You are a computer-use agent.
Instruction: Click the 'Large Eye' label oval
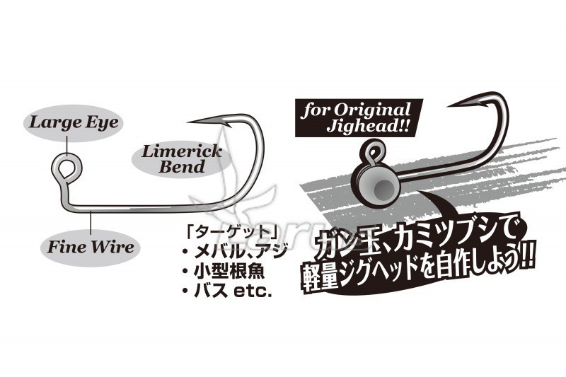point(74,122)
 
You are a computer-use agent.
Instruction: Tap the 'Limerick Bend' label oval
point(181,159)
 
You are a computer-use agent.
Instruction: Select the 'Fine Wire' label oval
point(91,248)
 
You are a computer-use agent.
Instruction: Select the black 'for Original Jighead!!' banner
point(359,117)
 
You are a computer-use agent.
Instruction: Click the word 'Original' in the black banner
point(372,110)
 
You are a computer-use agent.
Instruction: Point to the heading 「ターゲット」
point(232,232)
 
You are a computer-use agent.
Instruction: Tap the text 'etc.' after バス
point(253,291)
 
